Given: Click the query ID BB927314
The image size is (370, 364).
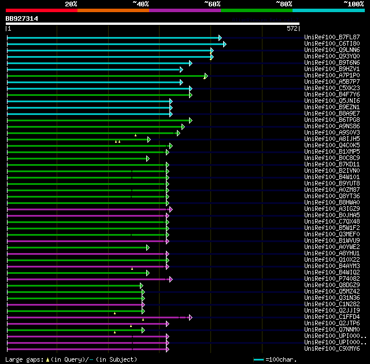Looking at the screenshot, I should (x=22, y=18).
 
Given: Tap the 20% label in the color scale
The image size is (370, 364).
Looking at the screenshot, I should (x=71, y=3).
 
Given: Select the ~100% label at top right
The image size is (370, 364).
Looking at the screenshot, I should (x=353, y=3).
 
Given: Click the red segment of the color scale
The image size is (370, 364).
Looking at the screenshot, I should (x=41, y=10).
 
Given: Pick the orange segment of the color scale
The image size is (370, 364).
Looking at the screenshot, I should (x=113, y=10).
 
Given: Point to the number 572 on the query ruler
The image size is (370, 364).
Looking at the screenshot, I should (x=292, y=28).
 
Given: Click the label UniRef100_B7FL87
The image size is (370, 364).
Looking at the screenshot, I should (x=332, y=38).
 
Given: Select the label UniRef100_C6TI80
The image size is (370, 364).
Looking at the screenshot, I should (x=332, y=44).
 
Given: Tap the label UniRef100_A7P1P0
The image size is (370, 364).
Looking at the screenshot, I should (x=332, y=76).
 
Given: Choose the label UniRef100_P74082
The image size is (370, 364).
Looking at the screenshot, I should (x=332, y=279).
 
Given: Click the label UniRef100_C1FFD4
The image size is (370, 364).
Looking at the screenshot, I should (x=332, y=317).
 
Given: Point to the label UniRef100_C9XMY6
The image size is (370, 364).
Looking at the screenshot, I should (x=332, y=349).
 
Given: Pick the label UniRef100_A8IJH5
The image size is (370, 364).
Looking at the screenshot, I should (x=332, y=139).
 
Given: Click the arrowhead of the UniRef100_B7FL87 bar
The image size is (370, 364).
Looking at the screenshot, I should (x=220, y=38).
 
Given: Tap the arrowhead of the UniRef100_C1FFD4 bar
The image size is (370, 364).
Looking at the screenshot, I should (x=190, y=317).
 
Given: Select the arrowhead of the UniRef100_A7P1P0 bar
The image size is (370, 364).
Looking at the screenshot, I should (x=205, y=76).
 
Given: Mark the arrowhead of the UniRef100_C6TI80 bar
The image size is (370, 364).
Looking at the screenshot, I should (x=224, y=44).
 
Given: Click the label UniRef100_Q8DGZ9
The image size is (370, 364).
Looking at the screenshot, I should (x=332, y=285).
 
